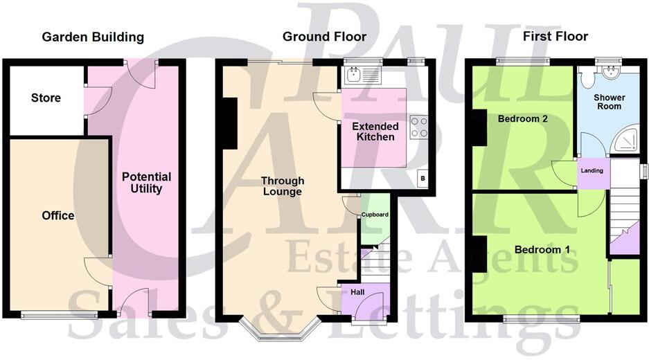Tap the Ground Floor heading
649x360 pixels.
(324, 37)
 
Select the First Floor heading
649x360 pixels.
(555, 37)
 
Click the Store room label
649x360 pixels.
(46, 98)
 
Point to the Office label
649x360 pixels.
(58, 216)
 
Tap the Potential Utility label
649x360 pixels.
(146, 183)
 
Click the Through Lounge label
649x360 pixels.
(282, 186)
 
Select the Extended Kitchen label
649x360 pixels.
(375, 132)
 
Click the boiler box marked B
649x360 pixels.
(422, 179)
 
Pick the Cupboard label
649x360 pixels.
(375, 215)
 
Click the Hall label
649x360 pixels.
(357, 293)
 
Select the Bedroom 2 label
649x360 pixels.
(523, 119)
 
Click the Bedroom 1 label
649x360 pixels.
(537, 249)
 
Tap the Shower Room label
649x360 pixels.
(609, 102)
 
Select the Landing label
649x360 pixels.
(592, 170)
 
